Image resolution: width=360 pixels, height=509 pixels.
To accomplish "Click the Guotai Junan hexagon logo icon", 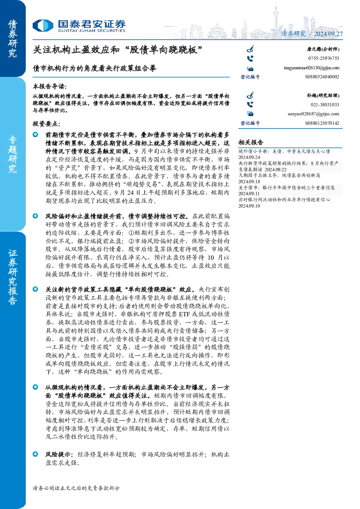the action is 43,25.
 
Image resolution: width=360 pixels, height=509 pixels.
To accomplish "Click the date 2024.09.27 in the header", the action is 328,34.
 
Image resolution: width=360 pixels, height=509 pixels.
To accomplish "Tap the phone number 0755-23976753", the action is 323,58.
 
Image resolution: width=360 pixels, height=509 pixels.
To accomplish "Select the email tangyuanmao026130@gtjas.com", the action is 311,68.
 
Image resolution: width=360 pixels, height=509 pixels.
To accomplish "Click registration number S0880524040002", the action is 322,77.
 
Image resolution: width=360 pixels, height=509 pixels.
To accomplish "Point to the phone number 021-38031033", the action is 325,105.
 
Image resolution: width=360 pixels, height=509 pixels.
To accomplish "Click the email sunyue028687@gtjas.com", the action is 313,114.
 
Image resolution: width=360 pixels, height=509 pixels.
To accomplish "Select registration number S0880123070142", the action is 322,123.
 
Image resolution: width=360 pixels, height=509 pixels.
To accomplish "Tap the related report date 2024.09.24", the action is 249,157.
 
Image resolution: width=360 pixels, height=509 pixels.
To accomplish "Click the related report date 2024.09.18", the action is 249,181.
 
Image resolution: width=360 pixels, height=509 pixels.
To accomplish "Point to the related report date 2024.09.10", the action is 249,206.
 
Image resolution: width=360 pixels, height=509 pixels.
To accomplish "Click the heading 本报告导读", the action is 50,86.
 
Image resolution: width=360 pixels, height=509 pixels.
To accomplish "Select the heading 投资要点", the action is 46,124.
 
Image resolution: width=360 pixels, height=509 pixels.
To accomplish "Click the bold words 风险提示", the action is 59,454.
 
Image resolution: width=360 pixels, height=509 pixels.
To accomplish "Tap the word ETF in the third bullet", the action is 185,314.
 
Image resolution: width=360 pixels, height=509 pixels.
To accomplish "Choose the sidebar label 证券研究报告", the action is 12,277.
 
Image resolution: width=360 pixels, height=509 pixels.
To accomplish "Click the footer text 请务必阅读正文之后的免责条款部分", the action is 76,488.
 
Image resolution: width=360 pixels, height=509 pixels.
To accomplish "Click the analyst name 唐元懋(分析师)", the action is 323,49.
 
